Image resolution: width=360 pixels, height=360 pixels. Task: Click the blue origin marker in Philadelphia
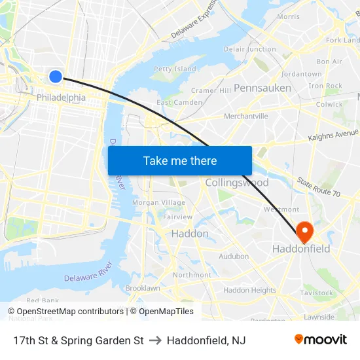coord(56,77)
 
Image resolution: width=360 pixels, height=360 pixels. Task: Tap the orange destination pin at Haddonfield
coord(304,230)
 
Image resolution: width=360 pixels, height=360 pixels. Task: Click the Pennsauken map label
coord(262,88)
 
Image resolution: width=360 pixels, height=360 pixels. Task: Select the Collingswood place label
coord(237,183)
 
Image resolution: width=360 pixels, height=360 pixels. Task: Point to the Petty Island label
coord(175,69)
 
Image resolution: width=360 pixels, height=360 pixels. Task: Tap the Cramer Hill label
coord(211,90)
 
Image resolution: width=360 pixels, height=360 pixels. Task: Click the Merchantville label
coord(246,117)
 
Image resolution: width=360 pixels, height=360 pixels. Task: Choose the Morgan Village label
coord(159,203)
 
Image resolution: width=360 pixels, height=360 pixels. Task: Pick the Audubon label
coord(234,257)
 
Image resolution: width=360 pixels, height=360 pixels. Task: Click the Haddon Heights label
coord(250,290)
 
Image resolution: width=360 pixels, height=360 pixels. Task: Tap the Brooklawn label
coord(143,288)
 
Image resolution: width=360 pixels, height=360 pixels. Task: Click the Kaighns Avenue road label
coord(333,136)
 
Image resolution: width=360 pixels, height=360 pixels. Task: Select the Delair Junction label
coord(250,49)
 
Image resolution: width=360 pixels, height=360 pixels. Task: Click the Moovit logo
coord(321,340)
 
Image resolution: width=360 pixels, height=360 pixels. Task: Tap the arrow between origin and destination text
coord(155,340)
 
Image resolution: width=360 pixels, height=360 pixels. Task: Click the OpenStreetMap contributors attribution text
coord(66,312)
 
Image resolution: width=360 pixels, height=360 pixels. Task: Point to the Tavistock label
coord(317,293)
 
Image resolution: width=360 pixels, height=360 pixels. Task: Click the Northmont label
coord(192,275)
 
